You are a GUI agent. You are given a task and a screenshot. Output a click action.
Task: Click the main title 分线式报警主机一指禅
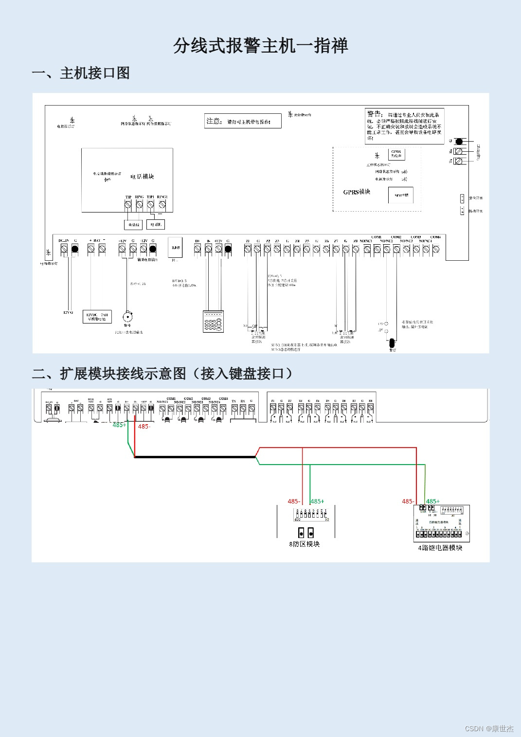tap(260, 46)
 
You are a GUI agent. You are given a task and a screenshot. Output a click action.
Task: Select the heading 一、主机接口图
tap(81, 73)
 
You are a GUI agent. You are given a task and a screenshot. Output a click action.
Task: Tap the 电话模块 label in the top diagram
tap(142, 177)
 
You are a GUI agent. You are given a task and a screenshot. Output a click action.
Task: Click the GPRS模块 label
tap(357, 192)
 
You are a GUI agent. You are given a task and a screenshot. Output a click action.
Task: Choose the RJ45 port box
tap(175, 248)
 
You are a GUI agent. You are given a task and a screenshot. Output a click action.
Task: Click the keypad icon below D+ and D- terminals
tap(213, 322)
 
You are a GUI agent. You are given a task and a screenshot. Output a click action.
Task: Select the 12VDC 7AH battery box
tap(97, 317)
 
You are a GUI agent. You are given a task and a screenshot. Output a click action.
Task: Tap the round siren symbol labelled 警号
tap(127, 317)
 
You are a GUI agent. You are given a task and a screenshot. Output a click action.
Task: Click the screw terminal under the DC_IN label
tap(64, 249)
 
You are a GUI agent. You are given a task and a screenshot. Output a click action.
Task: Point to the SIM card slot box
tap(401, 195)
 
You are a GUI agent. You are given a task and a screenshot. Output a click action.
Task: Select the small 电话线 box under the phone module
tap(133, 225)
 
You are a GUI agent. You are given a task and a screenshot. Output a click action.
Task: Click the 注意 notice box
tap(243, 121)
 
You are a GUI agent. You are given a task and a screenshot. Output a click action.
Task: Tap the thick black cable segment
tap(195, 457)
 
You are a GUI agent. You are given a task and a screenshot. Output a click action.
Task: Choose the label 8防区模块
tap(305, 544)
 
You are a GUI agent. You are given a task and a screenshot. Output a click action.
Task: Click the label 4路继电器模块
tap(440, 548)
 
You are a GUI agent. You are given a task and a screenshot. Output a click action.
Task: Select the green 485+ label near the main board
tap(119, 425)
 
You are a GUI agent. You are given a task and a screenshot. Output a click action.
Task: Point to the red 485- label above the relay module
tap(408, 501)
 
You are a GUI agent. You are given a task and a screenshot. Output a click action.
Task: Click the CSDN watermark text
tap(489, 728)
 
